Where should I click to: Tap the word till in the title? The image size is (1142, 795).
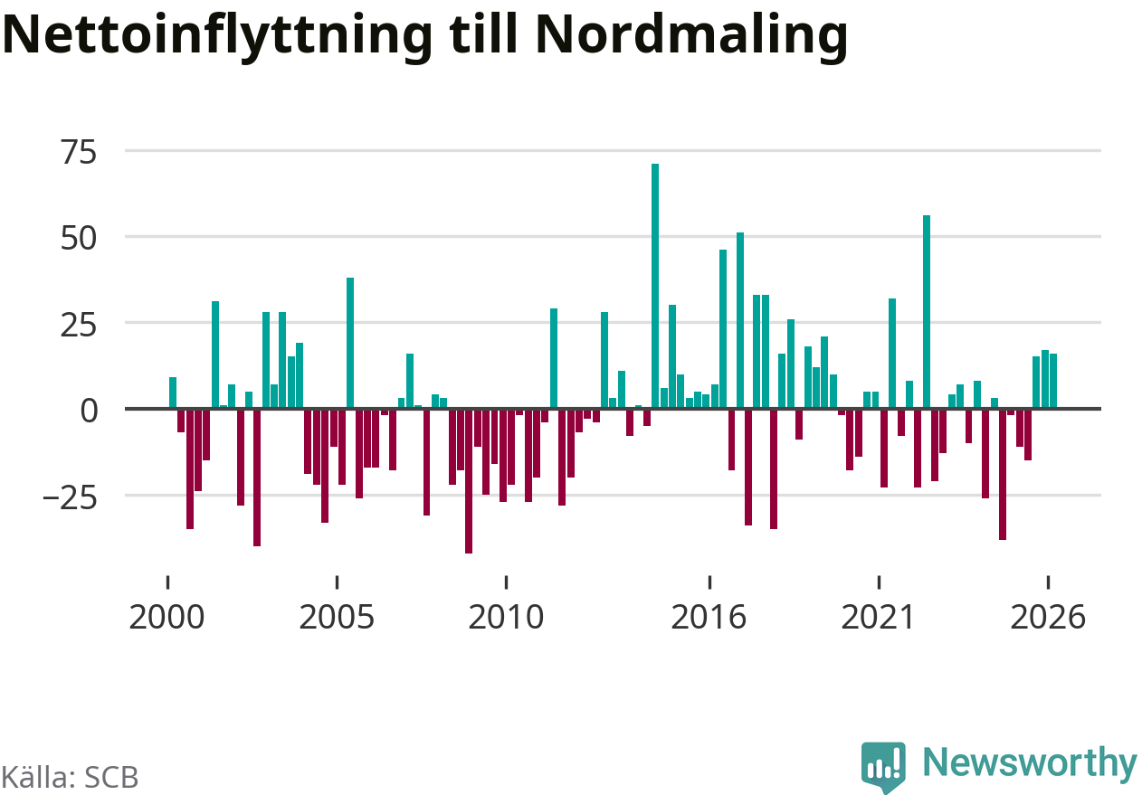(x=484, y=33)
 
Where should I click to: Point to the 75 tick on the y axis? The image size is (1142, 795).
(x=79, y=152)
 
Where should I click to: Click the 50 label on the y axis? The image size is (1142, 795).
(x=79, y=238)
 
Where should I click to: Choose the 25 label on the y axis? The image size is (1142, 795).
(x=79, y=324)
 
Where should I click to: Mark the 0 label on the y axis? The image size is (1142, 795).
(x=89, y=411)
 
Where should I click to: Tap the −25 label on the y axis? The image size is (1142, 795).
(x=70, y=497)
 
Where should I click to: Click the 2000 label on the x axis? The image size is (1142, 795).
(x=167, y=617)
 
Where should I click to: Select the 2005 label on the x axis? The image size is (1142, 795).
(x=337, y=617)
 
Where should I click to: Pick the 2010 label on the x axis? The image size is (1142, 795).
(x=506, y=617)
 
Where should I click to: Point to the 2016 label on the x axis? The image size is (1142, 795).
(x=709, y=617)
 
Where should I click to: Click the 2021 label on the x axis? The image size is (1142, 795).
(x=878, y=617)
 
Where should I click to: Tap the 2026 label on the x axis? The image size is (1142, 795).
(x=1048, y=617)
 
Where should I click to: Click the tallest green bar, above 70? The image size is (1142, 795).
(x=655, y=286)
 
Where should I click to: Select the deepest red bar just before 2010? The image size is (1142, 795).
(x=469, y=481)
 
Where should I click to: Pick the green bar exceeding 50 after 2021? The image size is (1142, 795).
(x=927, y=312)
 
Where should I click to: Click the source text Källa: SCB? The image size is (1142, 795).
(x=70, y=777)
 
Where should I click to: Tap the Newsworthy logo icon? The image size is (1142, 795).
(x=883, y=767)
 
